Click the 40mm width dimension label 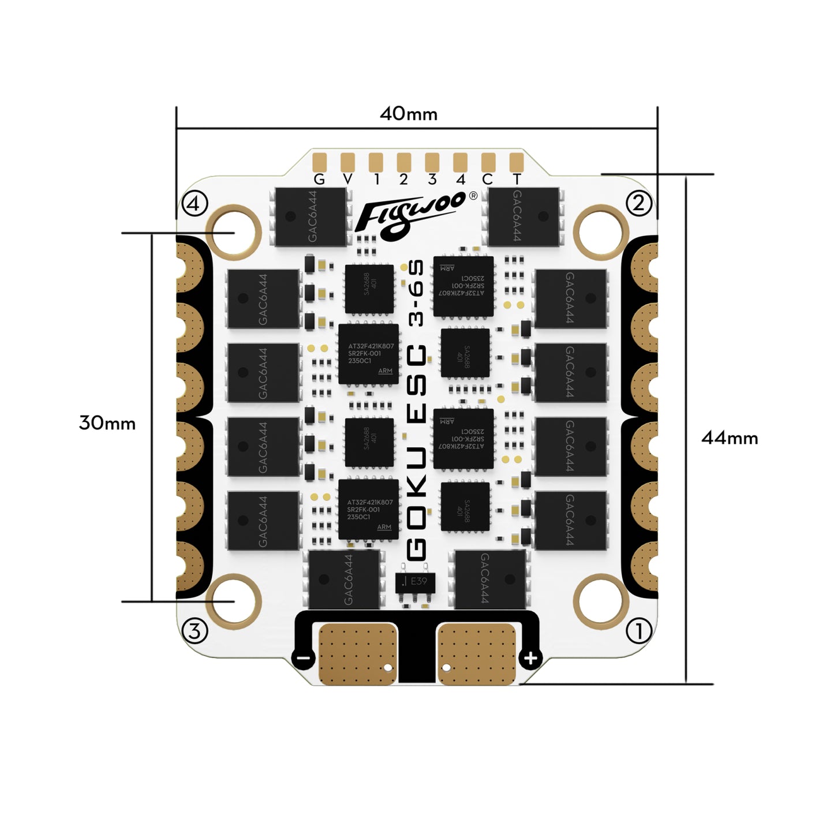pyautogui.click(x=408, y=114)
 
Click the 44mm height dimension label pyautogui.click(x=729, y=438)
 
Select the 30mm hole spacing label pyautogui.click(x=107, y=423)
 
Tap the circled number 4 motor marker pyautogui.click(x=195, y=203)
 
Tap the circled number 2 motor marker pyautogui.click(x=639, y=203)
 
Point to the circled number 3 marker pyautogui.click(x=195, y=631)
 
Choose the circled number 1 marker pyautogui.click(x=639, y=631)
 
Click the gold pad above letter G pyautogui.click(x=319, y=161)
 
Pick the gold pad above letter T pyautogui.click(x=517, y=161)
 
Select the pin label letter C pyautogui.click(x=488, y=179)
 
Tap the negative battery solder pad pyautogui.click(x=358, y=654)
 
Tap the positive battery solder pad pyautogui.click(x=477, y=654)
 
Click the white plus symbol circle pyautogui.click(x=530, y=658)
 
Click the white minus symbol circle pyautogui.click(x=304, y=658)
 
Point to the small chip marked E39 pyautogui.click(x=415, y=582)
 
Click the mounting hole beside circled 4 pyautogui.click(x=234, y=232)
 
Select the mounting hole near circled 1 pyautogui.click(x=601, y=600)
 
